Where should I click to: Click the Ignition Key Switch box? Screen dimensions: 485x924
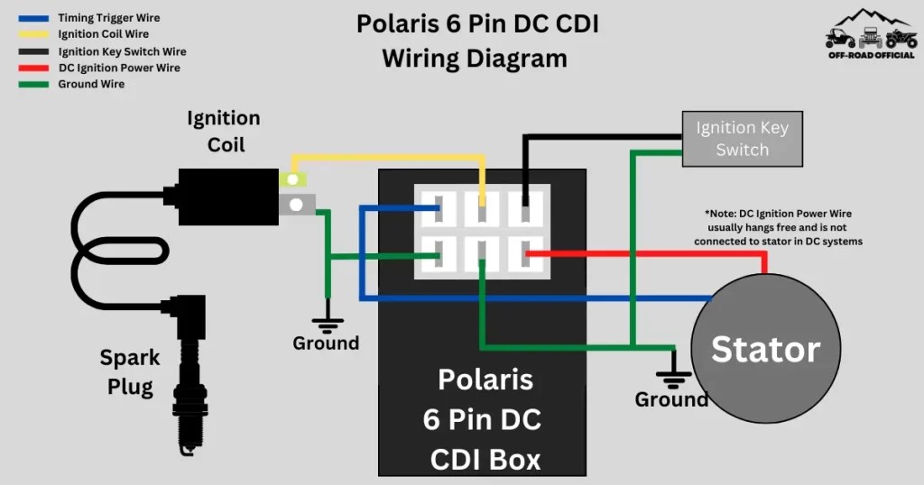click(742, 139)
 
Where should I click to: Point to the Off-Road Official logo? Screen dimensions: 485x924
click(871, 35)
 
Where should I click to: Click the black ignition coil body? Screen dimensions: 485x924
click(226, 196)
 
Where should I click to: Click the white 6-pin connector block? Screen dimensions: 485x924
click(482, 232)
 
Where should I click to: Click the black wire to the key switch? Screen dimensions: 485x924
click(596, 137)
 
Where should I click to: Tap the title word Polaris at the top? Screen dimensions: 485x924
click(405, 23)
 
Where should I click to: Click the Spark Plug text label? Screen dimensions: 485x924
click(130, 372)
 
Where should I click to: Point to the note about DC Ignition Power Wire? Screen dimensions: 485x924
click(778, 226)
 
